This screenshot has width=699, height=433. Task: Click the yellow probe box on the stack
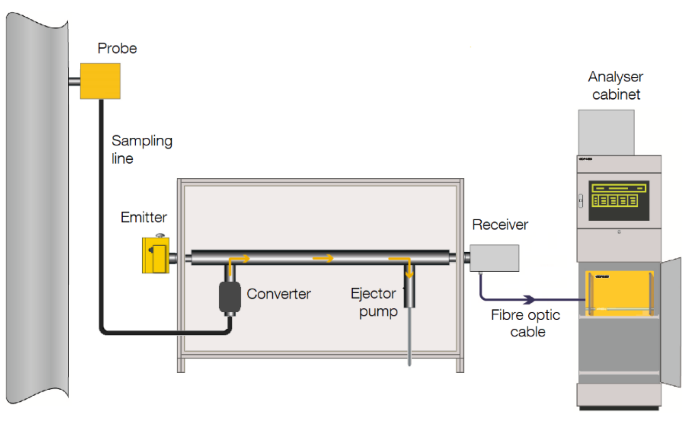(100, 81)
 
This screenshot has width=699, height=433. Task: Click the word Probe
(117, 49)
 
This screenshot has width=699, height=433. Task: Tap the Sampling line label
(141, 149)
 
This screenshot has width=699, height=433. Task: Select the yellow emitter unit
(155, 255)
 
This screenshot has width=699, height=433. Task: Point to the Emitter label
(143, 217)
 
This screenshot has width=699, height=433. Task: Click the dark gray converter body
(230, 297)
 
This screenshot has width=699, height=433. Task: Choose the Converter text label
(278, 294)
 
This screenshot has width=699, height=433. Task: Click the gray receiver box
(494, 258)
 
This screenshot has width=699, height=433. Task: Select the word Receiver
(500, 225)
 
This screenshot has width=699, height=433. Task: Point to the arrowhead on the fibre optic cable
(529, 300)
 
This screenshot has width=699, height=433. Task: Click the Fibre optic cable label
(526, 323)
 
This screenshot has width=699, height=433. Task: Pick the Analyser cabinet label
(616, 85)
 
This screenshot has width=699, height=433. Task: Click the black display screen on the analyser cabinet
(619, 201)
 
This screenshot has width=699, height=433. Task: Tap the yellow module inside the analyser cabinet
(619, 292)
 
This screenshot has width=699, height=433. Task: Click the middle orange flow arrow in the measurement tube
(323, 258)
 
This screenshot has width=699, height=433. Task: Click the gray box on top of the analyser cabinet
(606, 132)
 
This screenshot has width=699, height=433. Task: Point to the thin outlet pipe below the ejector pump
(409, 337)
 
